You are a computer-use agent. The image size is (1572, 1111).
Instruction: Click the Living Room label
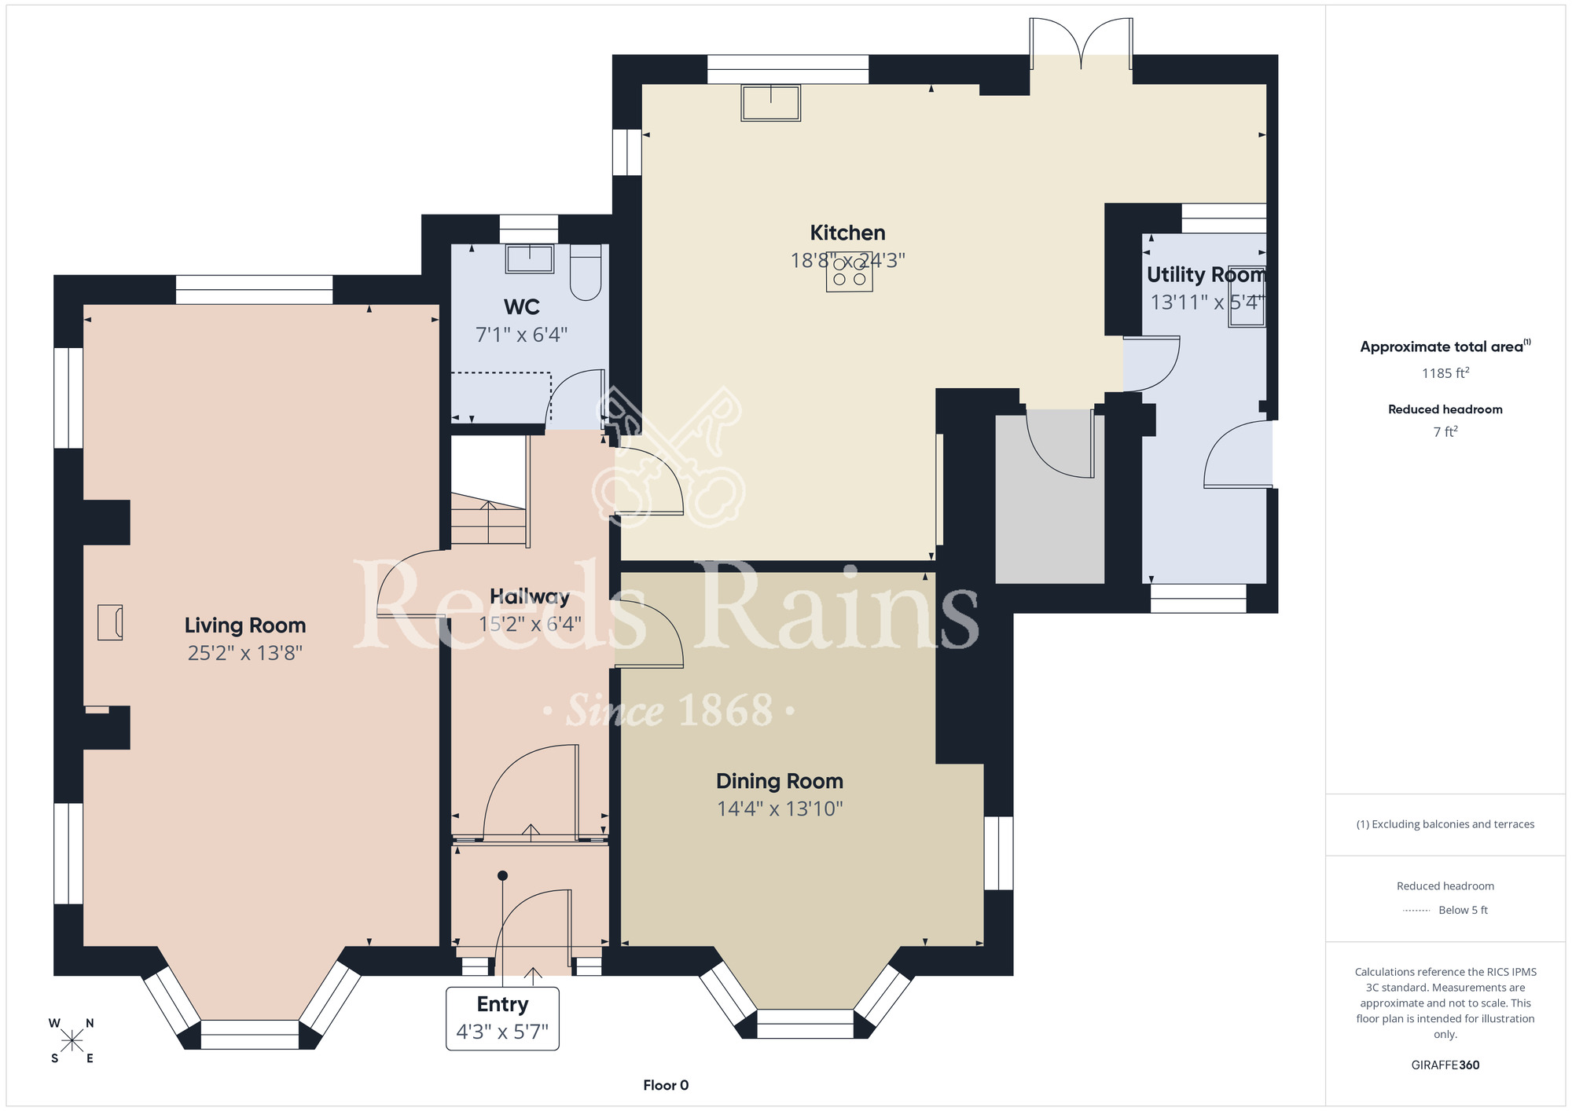245,625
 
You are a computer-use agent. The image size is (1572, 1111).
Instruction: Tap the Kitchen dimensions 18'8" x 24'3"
847,260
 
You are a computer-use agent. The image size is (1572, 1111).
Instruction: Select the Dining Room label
780,781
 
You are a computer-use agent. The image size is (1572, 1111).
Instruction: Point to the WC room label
521,307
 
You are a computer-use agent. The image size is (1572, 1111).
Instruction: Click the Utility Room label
1206,275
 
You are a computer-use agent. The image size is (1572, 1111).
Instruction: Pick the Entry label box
502,1018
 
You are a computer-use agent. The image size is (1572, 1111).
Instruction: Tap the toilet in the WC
586,272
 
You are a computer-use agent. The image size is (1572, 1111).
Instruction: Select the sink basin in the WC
530,258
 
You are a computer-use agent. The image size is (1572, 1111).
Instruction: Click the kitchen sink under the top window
770,103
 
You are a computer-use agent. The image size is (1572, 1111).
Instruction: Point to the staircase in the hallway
488,491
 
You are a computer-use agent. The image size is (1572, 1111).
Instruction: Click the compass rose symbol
72,1041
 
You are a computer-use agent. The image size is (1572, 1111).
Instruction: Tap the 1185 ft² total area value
1445,373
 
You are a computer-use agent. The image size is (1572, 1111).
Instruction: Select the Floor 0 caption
666,1085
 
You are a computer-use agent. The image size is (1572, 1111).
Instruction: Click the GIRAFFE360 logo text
1445,1065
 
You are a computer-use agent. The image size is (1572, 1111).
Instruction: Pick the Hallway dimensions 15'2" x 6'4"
531,624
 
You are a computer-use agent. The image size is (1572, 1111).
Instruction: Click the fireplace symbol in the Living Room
110,622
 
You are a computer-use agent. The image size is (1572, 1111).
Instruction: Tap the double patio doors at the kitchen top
1082,43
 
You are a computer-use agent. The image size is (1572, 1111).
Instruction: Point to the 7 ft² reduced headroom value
1445,431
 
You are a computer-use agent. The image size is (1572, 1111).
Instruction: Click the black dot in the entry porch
503,875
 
